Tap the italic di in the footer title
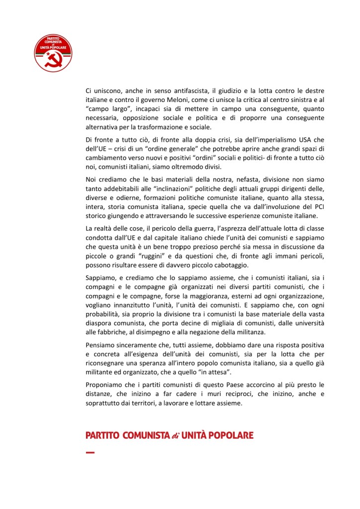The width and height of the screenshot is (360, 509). [x=175, y=436]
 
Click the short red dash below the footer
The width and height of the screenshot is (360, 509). [x=90, y=452]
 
